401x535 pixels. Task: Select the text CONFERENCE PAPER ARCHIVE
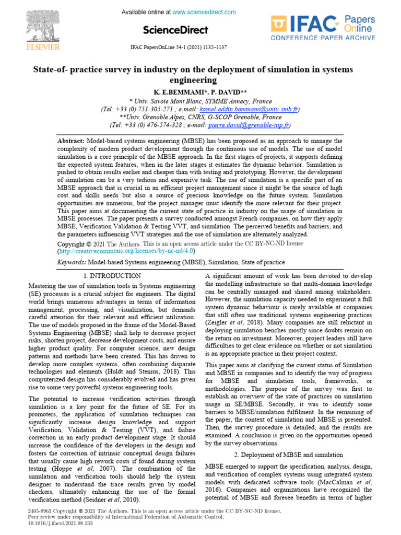coord(322,38)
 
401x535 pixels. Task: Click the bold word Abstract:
coord(71,141)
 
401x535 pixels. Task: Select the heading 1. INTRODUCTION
coord(112,275)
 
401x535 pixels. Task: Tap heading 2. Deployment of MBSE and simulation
coord(288,455)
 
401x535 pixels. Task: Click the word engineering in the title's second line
coord(193,80)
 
